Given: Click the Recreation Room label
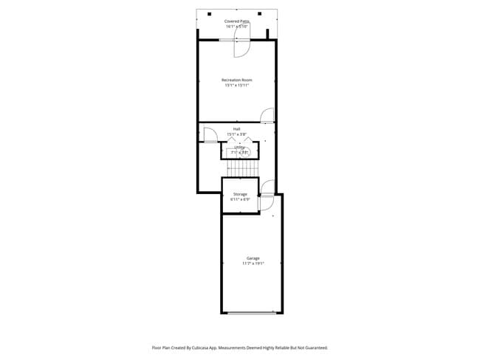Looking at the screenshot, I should point(236,79).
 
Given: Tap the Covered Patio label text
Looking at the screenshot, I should point(236,21).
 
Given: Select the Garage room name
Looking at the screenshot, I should point(253,257).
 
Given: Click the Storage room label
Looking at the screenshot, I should point(240,194).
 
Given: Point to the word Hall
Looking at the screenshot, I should point(236,129).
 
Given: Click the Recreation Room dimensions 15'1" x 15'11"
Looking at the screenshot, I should point(236,85).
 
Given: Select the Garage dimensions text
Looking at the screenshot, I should point(253,263).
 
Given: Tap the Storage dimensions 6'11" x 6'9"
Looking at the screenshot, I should point(240,199).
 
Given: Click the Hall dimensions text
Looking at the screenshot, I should point(236,134).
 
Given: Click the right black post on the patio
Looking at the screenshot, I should point(260,13).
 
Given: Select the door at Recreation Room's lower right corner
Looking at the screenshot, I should point(267,115).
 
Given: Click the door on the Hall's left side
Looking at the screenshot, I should point(209,134).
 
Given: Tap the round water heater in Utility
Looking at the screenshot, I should point(247,153).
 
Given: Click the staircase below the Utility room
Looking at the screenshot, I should point(241,169).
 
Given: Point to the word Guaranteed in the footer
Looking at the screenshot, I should point(313,347).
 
